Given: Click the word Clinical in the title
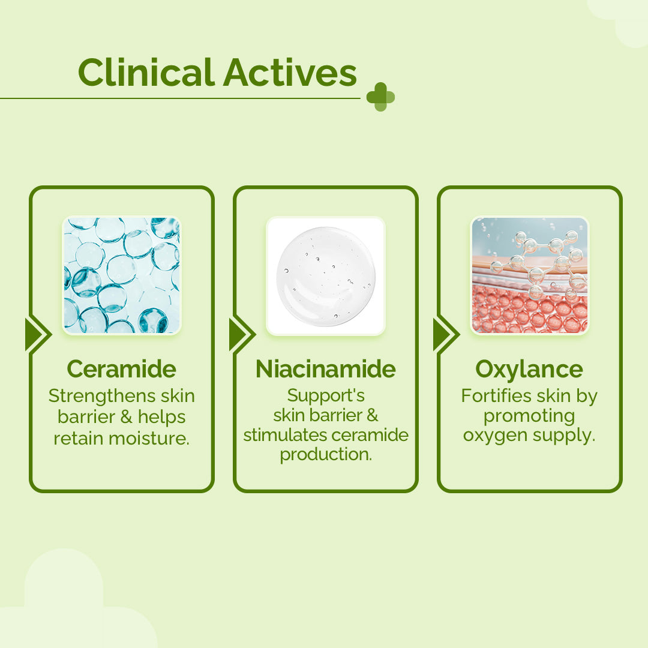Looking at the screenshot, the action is pyautogui.click(x=146, y=73).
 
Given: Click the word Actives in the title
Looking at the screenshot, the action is pyautogui.click(x=290, y=73).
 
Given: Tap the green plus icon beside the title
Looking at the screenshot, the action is pyautogui.click(x=380, y=97).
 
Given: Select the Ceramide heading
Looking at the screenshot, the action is pyautogui.click(x=121, y=368).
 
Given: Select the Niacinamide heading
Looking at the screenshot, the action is pyautogui.click(x=326, y=368).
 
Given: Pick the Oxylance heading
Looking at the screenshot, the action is pyautogui.click(x=529, y=369).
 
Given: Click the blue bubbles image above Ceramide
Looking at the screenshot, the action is pyautogui.click(x=122, y=275).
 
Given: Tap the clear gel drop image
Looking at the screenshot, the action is pyautogui.click(x=326, y=276).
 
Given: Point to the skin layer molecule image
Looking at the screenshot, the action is pyautogui.click(x=530, y=275).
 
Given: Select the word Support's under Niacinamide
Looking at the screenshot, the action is pyautogui.click(x=326, y=395).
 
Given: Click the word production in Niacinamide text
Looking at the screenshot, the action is pyautogui.click(x=326, y=455).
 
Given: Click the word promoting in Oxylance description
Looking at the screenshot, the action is pyautogui.click(x=529, y=416).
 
